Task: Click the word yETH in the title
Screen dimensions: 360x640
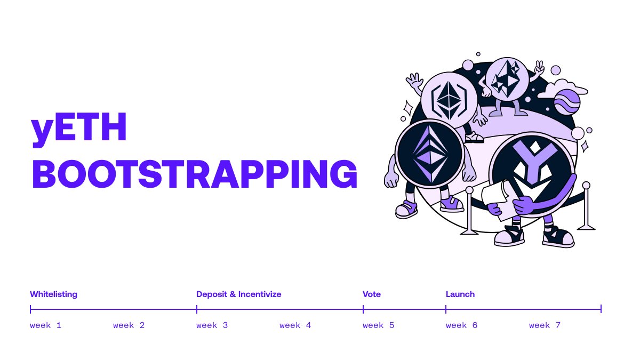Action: [79, 129]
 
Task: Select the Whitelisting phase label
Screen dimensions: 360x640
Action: [53, 294]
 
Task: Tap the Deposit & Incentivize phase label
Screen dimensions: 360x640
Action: [238, 294]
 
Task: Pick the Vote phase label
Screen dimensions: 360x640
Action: [372, 294]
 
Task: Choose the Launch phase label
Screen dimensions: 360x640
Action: [460, 294]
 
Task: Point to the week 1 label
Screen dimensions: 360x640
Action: [45, 325]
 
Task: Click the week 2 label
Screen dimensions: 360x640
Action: [129, 325]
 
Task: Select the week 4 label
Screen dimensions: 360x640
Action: [295, 325]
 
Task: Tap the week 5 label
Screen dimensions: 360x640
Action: [378, 325]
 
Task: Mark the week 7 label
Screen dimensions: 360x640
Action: [545, 325]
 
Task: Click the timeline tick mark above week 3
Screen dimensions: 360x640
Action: [197, 309]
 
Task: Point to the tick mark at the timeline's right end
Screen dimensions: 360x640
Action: [601, 309]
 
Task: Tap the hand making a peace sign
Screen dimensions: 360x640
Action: [539, 68]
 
